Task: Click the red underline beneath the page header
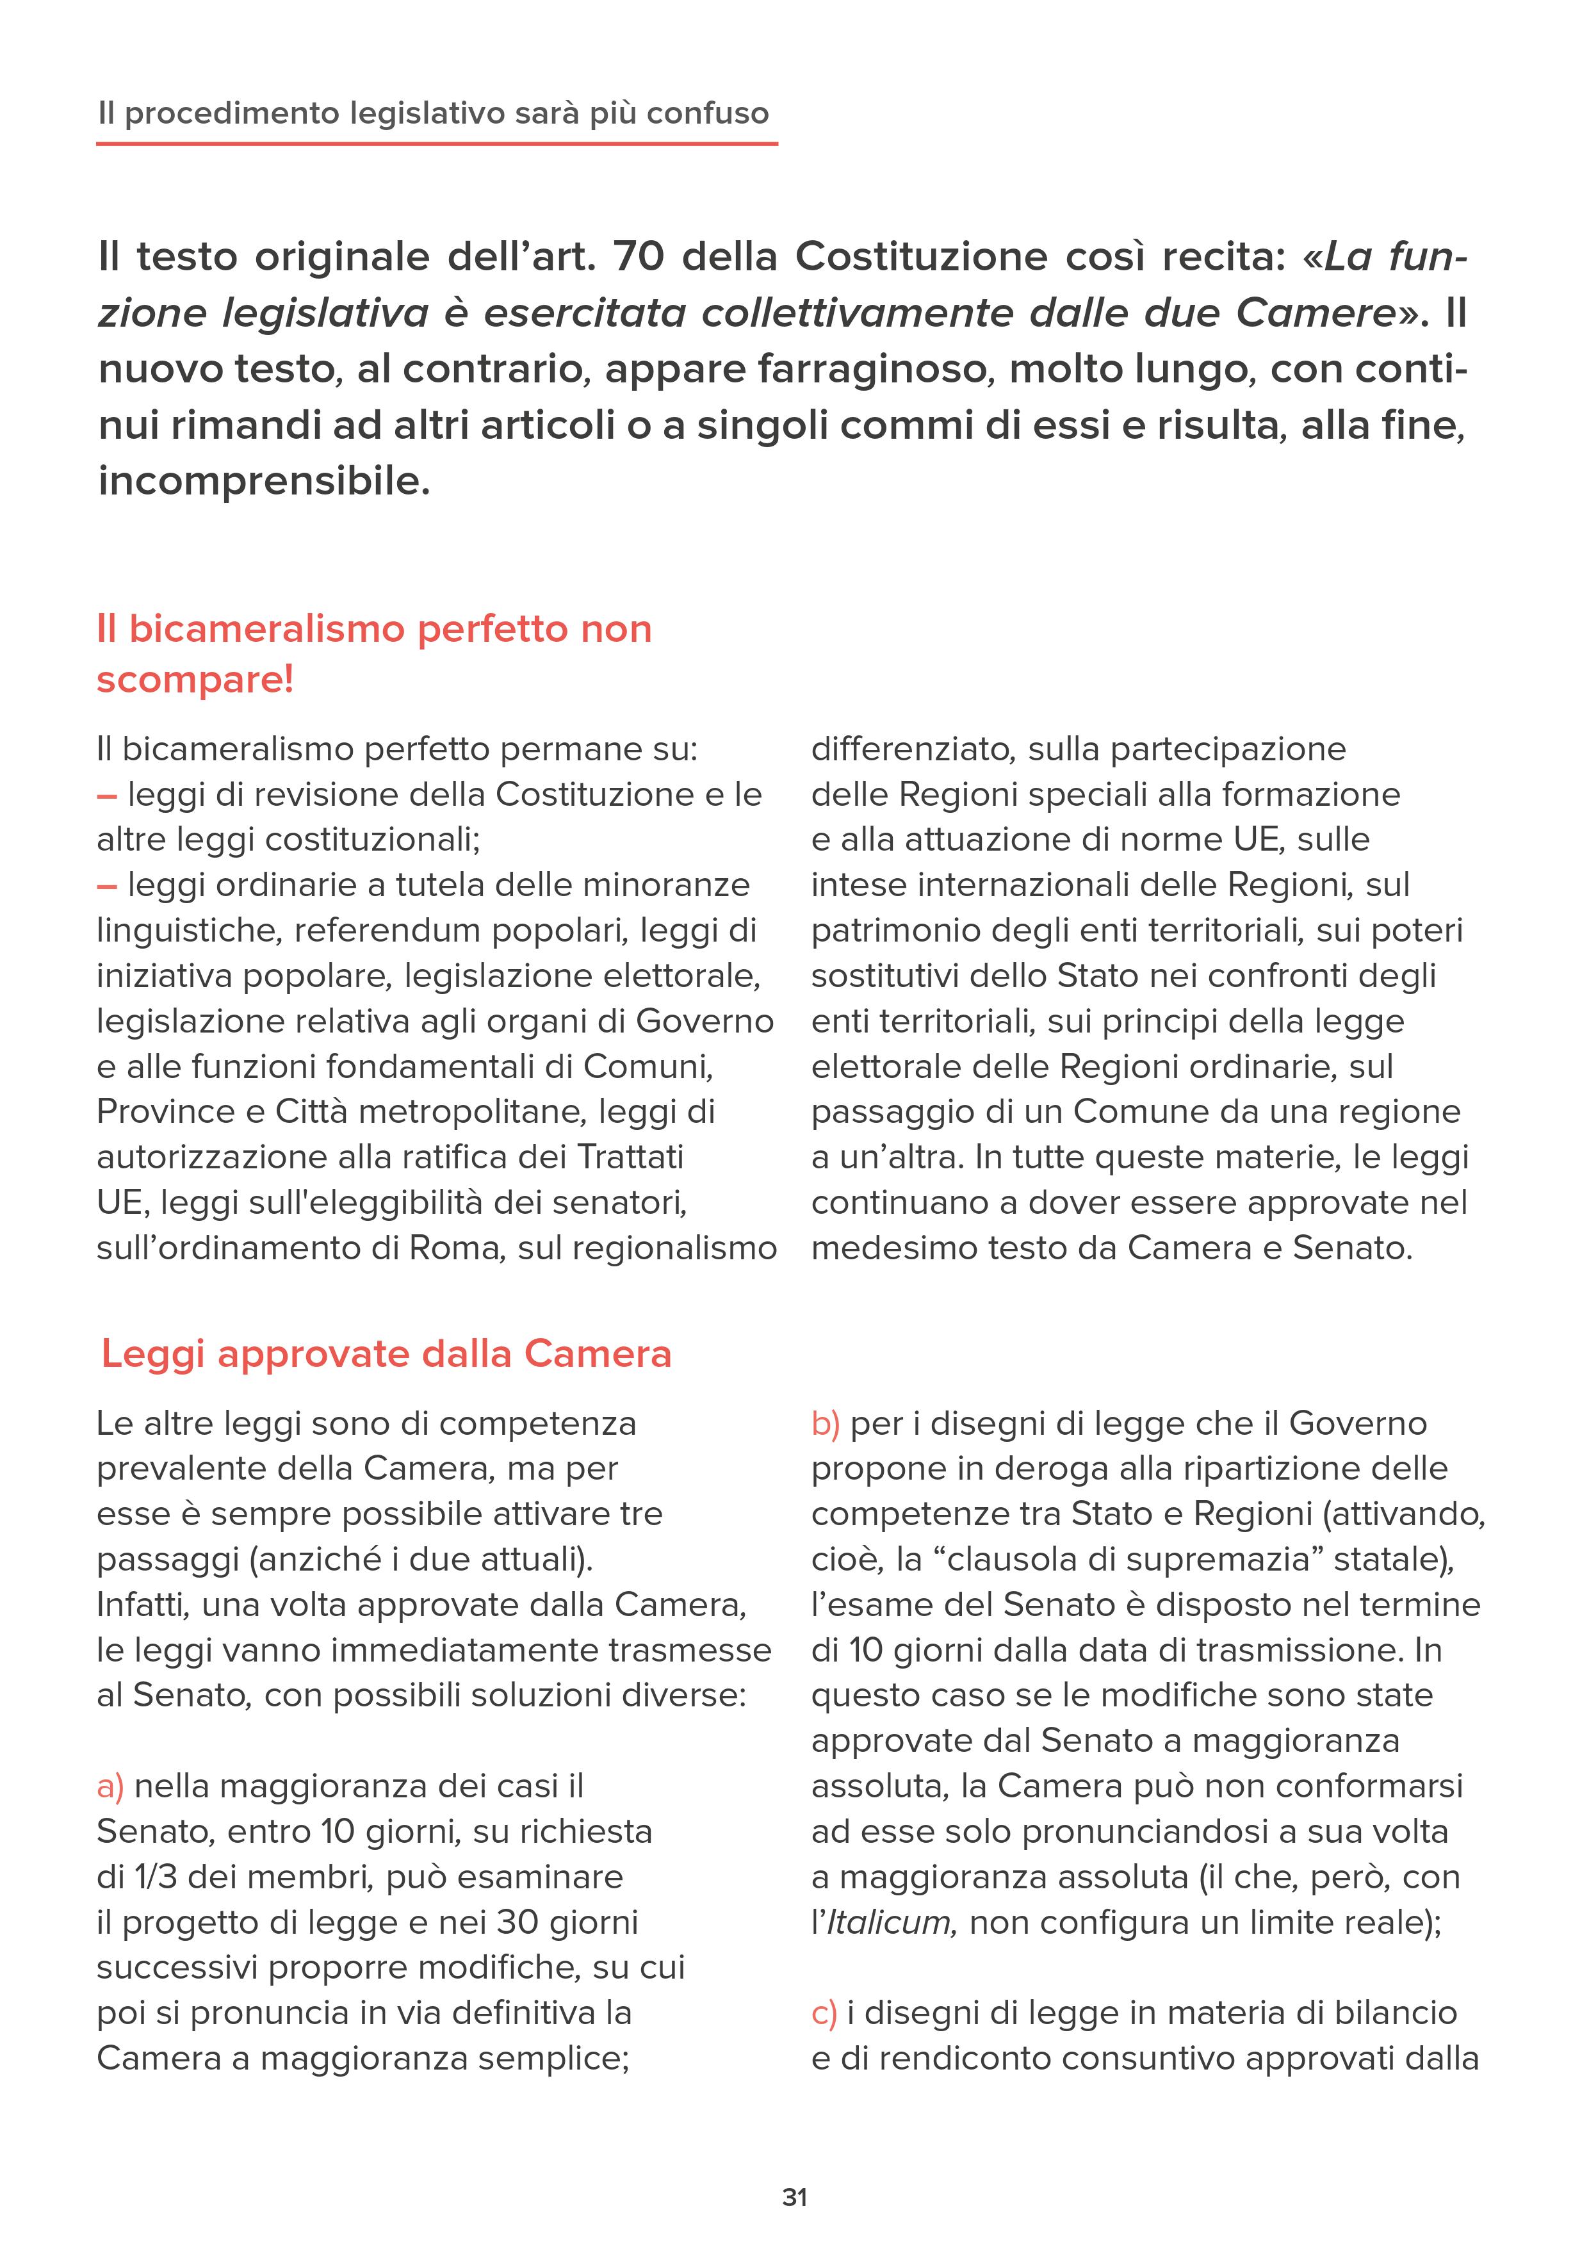pyautogui.click(x=436, y=144)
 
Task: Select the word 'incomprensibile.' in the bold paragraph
pyautogui.click(x=264, y=482)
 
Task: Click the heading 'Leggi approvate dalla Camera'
pyautogui.click(x=386, y=1355)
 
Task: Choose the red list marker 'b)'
pyautogui.click(x=826, y=1423)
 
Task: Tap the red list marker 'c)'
pyautogui.click(x=824, y=2013)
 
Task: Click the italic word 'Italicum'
pyautogui.click(x=888, y=1923)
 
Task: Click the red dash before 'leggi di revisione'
pyautogui.click(x=107, y=795)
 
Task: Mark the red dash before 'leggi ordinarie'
pyautogui.click(x=107, y=886)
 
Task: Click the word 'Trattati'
pyautogui.click(x=629, y=1157)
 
